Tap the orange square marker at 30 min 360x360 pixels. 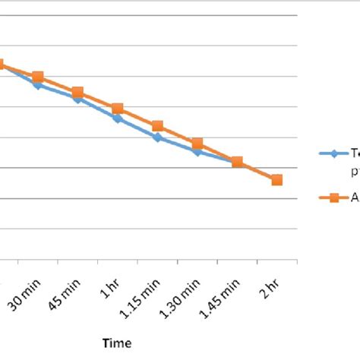pyautogui.click(x=38, y=77)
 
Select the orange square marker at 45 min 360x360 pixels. pyautogui.click(x=77, y=93)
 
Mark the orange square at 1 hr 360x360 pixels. pyautogui.click(x=117, y=109)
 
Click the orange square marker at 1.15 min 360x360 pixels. pyautogui.click(x=157, y=126)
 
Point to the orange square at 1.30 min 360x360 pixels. pyautogui.click(x=197, y=144)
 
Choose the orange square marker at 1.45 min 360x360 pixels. pyautogui.click(x=237, y=162)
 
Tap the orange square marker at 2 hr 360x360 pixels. pyautogui.click(x=276, y=180)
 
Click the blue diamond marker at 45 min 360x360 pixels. pyautogui.click(x=77, y=99)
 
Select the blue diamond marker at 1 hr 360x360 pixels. pyautogui.click(x=117, y=118)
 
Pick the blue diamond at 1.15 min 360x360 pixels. pyautogui.click(x=157, y=137)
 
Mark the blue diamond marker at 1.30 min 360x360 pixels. pyautogui.click(x=197, y=152)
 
